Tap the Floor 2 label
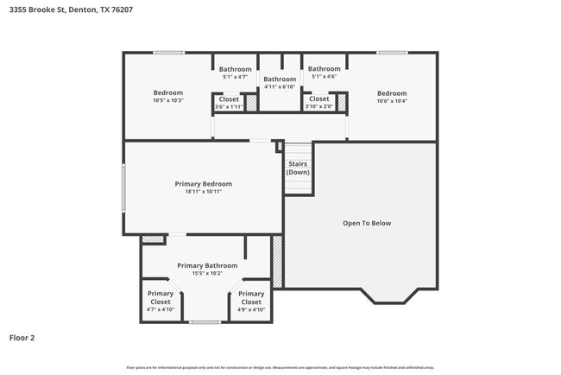click(22, 338)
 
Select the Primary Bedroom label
click(203, 183)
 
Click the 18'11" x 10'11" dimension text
click(203, 192)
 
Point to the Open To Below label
click(367, 223)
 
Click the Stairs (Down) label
click(299, 167)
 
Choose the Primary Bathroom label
click(207, 265)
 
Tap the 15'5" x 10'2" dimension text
click(207, 274)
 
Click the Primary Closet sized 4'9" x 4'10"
click(251, 298)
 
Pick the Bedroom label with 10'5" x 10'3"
click(168, 93)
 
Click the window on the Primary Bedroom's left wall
click(123, 187)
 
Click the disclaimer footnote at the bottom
click(280, 367)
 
